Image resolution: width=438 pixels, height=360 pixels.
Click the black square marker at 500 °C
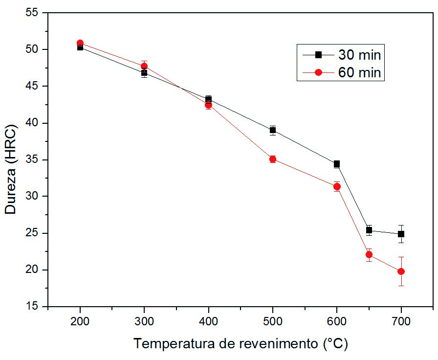click(273, 130)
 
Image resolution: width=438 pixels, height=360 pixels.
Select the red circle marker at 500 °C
click(273, 159)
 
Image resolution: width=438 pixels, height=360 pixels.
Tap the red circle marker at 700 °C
click(401, 271)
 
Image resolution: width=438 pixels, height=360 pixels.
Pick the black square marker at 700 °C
click(401, 234)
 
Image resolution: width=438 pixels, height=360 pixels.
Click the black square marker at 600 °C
click(337, 164)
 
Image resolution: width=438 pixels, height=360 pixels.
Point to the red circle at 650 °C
click(369, 254)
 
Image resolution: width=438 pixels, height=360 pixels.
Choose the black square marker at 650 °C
click(369, 230)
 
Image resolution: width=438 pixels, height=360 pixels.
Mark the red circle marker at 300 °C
click(144, 66)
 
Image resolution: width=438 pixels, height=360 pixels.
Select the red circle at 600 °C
click(337, 186)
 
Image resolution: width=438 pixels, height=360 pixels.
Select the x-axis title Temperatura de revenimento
click(241, 343)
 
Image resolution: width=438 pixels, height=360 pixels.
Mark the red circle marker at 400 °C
click(209, 105)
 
